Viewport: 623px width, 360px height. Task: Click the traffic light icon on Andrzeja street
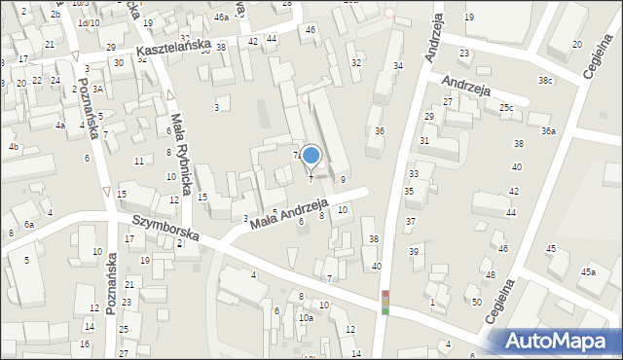point(385,302)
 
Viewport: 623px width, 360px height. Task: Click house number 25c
point(506,107)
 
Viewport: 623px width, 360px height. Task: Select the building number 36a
point(550,131)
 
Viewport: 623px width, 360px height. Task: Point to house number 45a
point(588,272)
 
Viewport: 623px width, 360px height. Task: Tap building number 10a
point(306,318)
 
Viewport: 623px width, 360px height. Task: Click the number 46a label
point(222,18)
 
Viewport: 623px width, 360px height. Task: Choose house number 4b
point(14,147)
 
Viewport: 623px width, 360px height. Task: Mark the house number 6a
point(29,225)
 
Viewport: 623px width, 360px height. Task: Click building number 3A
point(97,90)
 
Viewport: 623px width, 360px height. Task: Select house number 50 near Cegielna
point(476,302)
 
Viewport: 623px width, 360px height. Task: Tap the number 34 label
point(397,65)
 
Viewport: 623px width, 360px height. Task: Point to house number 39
point(414,252)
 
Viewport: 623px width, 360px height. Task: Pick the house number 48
point(489,275)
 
